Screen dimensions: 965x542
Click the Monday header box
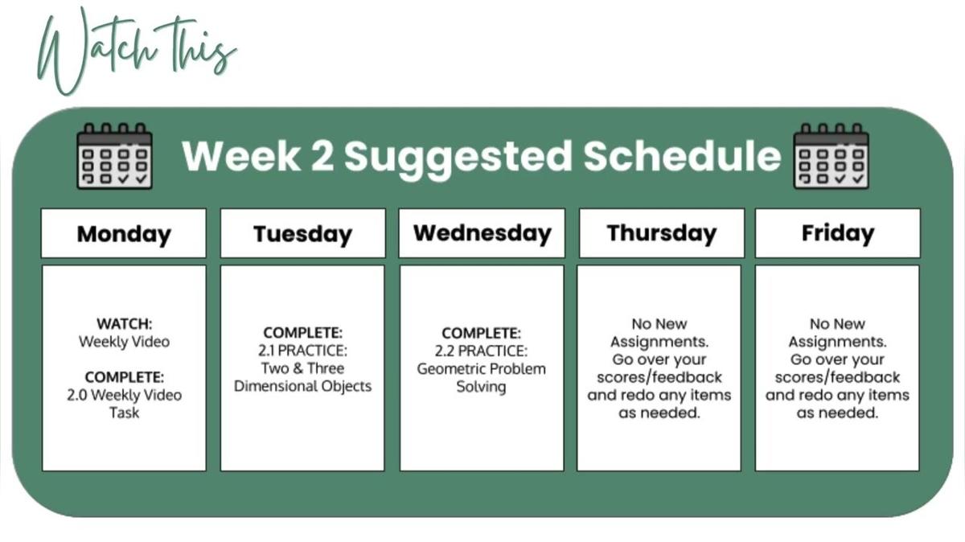click(124, 233)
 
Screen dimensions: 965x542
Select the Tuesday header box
click(303, 233)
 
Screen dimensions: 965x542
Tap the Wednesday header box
click(482, 233)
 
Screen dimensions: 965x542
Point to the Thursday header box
click(662, 233)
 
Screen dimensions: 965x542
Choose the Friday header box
click(837, 233)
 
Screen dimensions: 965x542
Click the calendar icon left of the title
click(114, 156)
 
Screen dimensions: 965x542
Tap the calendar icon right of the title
click(832, 156)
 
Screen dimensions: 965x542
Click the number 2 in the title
click(322, 156)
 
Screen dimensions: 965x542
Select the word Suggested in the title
click(458, 159)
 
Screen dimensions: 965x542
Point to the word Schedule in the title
click(682, 155)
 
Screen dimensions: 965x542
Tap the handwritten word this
click(197, 47)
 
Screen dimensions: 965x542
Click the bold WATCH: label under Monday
click(124, 323)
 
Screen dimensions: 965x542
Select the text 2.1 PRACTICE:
click(302, 351)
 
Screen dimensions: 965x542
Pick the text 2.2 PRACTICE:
click(481, 351)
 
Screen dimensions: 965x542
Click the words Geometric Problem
click(481, 369)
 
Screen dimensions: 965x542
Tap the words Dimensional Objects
click(302, 387)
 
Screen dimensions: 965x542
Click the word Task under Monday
click(124, 413)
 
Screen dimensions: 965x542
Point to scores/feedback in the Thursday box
click(659, 377)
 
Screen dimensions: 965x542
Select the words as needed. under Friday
click(837, 413)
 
